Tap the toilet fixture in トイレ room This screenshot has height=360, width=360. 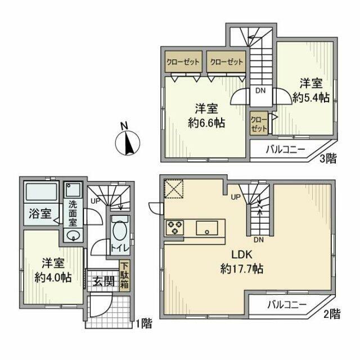(x=119, y=231)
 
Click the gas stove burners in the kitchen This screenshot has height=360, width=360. (x=174, y=228)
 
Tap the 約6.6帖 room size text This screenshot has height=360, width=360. (x=206, y=123)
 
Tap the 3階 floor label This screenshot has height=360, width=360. (x=328, y=159)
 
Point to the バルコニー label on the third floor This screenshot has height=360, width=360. (x=285, y=150)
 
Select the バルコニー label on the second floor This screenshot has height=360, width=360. (x=286, y=305)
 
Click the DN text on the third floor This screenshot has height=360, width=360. (x=260, y=89)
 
